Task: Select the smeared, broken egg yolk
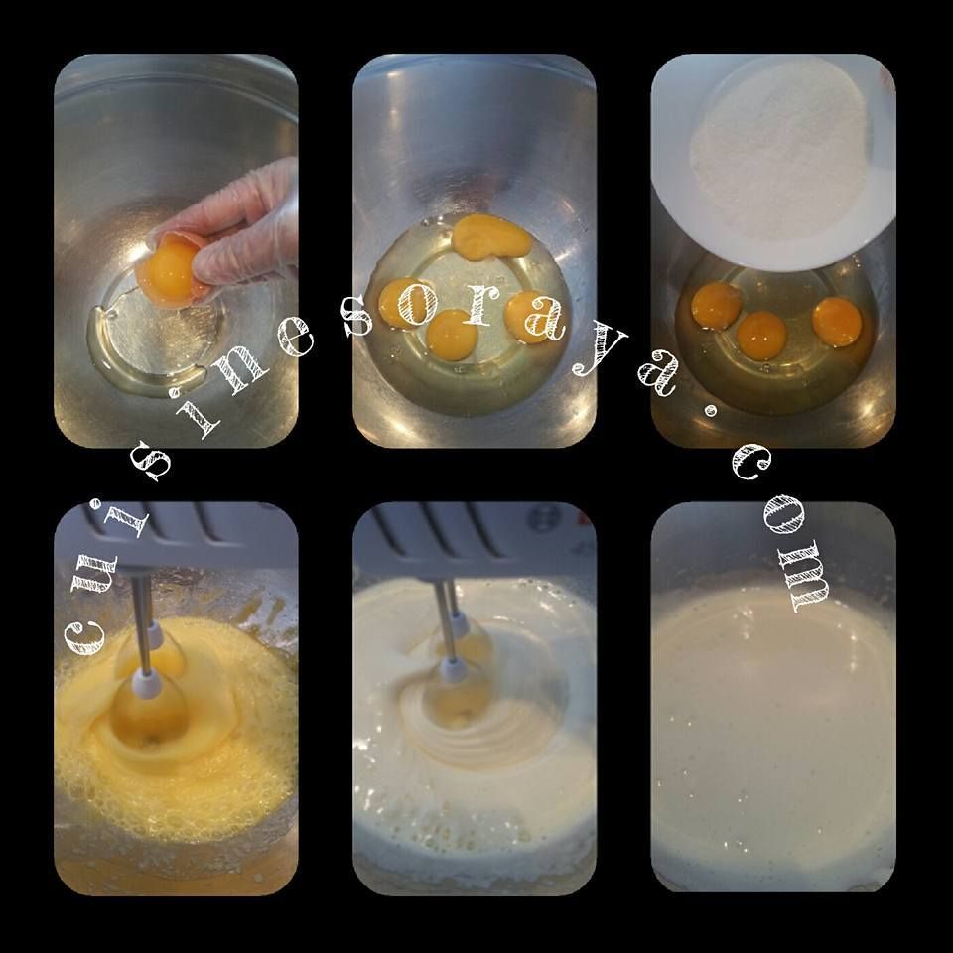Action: click(x=491, y=235)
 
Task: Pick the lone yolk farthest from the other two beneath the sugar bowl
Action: click(x=837, y=322)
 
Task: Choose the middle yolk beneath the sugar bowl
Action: click(x=761, y=336)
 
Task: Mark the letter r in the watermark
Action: click(x=477, y=304)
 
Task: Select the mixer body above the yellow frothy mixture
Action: click(x=176, y=535)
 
